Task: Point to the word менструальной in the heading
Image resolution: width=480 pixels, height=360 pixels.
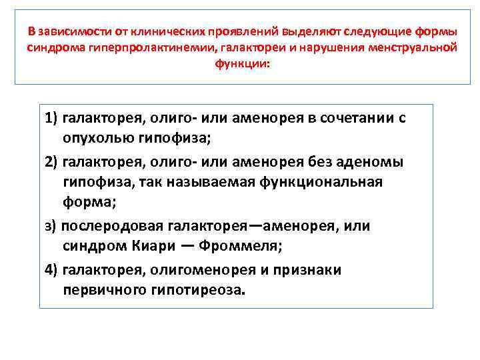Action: (x=417, y=48)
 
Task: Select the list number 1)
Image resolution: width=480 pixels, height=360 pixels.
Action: (x=51, y=119)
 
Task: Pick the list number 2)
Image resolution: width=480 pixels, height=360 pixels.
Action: (x=51, y=162)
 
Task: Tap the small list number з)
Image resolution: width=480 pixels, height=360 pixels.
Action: (x=51, y=226)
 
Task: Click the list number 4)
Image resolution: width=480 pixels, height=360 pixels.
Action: (x=51, y=269)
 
